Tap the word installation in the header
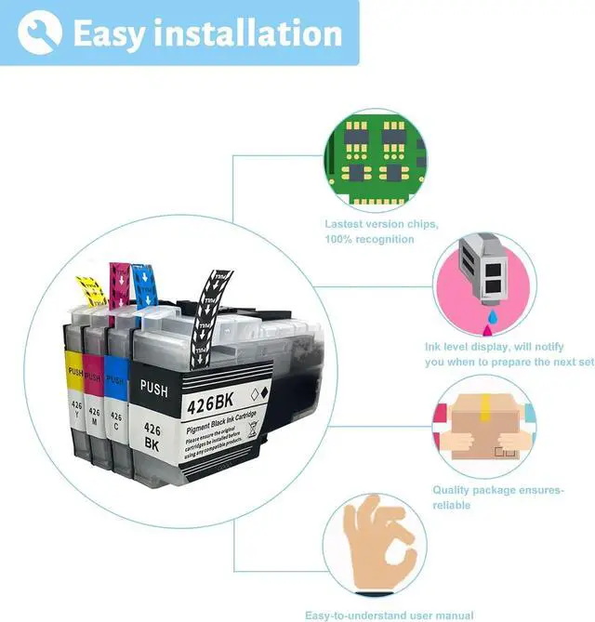coord(252,33)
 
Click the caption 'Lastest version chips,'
coord(381,224)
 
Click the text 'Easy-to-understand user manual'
coord(389,615)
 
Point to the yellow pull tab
coord(90,290)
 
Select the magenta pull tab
coord(120,284)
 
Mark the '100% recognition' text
coord(369,240)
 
